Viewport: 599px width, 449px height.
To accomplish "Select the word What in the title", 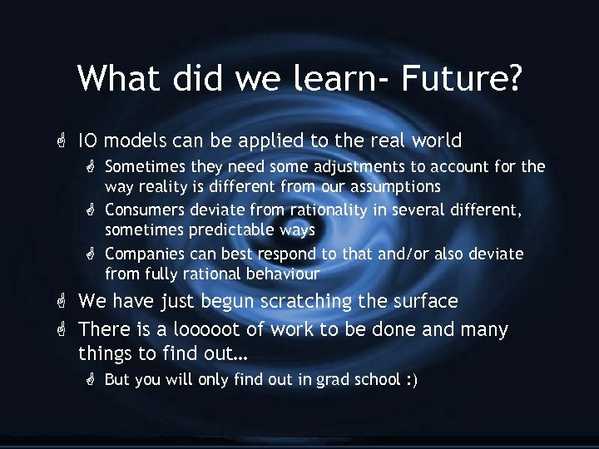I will (x=121, y=78).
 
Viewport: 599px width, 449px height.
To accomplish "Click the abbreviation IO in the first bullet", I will (x=88, y=141).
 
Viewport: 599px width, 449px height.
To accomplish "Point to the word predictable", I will (x=235, y=230).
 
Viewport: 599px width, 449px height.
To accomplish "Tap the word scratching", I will (x=307, y=300).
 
